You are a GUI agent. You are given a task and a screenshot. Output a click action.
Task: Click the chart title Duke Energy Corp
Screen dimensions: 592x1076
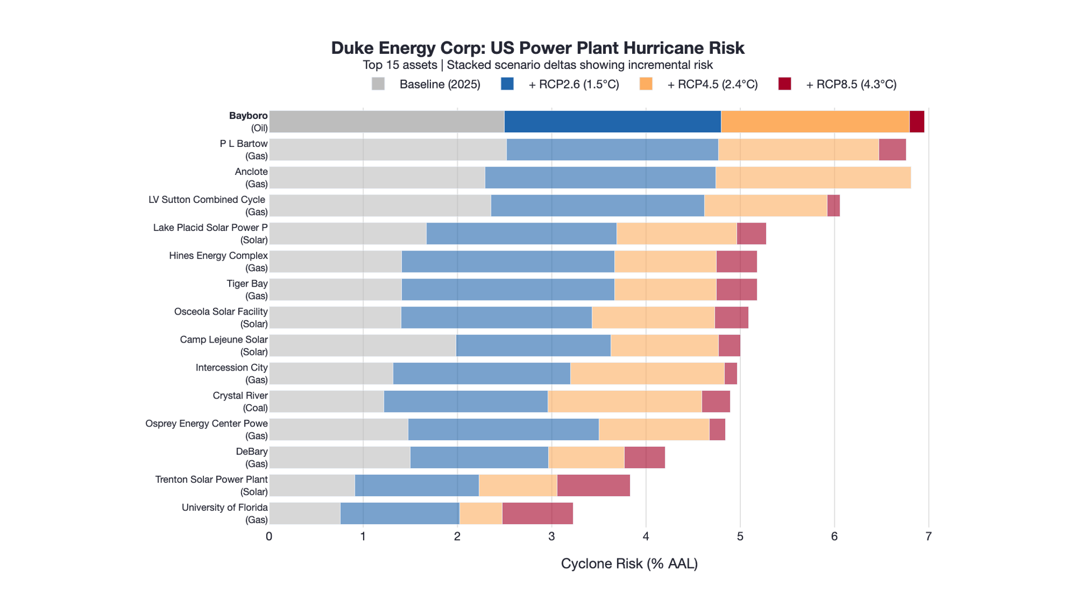(537, 48)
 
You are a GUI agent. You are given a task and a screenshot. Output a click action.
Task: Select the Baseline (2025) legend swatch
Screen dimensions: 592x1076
(378, 84)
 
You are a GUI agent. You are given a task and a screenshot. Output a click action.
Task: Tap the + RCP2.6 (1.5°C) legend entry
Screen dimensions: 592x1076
(560, 84)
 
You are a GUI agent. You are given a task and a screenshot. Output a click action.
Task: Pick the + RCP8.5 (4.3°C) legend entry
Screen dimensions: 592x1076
(838, 84)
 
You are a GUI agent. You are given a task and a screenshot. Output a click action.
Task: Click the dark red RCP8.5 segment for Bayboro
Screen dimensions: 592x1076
(917, 122)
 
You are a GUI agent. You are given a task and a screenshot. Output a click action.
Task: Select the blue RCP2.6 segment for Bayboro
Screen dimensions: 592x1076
(613, 122)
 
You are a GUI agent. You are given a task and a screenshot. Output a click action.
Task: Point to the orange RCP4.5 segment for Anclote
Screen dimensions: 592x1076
(813, 178)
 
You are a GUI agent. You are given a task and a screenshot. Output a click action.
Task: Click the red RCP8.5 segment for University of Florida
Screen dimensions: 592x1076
(537, 514)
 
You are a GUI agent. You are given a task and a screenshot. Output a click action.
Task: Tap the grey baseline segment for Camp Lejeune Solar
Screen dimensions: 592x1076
(363, 345)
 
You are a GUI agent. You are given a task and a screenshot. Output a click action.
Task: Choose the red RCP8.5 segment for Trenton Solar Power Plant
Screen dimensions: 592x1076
(593, 485)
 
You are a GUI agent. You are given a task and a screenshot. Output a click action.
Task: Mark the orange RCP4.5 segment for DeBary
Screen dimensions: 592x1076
(586, 457)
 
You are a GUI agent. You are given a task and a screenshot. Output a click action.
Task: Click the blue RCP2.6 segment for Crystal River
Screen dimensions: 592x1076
(466, 401)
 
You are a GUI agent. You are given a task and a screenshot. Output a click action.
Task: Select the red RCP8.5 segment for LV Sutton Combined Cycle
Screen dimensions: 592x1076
(833, 206)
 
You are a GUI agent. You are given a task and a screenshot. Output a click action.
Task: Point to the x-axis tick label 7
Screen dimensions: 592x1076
(929, 536)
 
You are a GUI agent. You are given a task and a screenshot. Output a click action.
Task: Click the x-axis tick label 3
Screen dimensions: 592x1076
(551, 536)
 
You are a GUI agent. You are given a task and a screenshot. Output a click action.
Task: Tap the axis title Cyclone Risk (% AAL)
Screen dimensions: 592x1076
(629, 564)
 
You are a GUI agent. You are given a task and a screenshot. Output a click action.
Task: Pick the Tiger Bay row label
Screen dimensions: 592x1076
(247, 289)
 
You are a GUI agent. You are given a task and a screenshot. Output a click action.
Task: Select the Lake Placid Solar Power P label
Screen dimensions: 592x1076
(210, 233)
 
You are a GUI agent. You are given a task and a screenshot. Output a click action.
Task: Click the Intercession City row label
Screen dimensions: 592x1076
(231, 373)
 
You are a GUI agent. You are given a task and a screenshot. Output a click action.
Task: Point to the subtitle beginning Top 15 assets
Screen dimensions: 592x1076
(537, 65)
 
